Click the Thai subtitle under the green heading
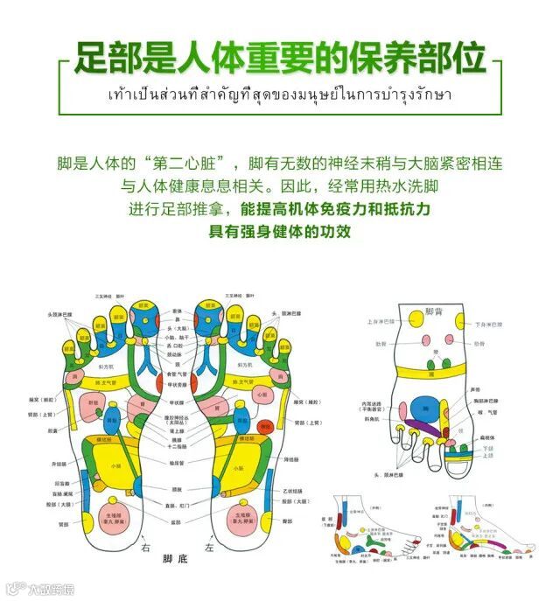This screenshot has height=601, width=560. (x=280, y=94)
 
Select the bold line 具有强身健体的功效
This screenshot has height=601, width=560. (x=279, y=231)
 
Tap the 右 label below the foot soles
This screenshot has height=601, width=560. (x=146, y=548)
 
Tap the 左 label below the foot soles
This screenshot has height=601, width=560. (x=207, y=548)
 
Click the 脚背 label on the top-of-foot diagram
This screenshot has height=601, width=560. (x=435, y=311)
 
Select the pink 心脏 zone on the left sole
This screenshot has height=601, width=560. (x=262, y=396)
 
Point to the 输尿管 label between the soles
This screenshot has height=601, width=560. (x=177, y=462)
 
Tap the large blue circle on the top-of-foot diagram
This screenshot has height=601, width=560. (x=423, y=407)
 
